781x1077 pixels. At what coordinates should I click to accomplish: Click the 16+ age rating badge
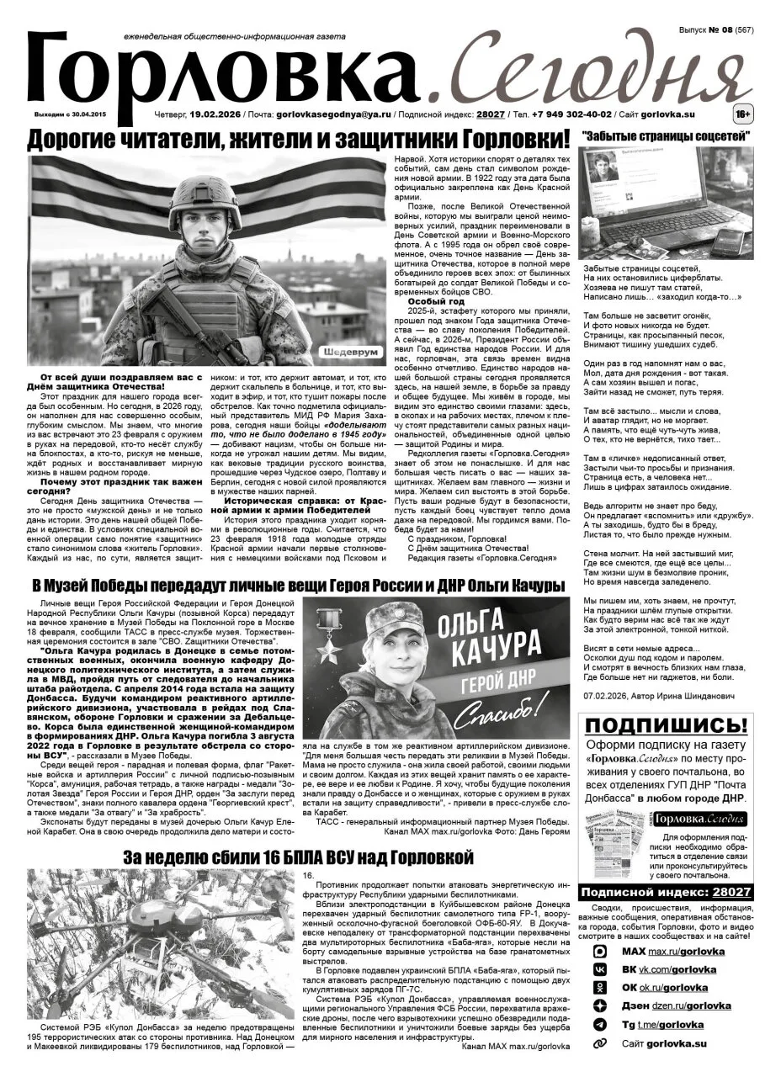coord(742,113)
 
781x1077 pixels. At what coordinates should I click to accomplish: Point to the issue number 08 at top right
coord(722,29)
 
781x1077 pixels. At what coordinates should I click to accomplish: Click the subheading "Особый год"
coord(435,300)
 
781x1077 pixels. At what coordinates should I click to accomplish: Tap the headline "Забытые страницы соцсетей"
coord(666,135)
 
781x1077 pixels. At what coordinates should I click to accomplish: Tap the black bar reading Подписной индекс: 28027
coord(666,892)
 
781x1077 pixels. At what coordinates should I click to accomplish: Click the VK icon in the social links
coord(599,969)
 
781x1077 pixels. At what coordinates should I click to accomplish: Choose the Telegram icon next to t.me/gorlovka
coord(599,1025)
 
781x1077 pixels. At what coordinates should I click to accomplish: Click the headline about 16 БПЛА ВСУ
coord(294,857)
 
